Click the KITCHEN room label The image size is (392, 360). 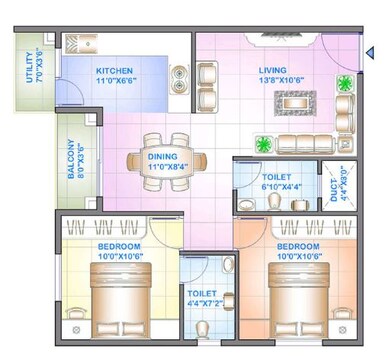coord(114,71)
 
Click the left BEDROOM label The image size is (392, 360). coord(118,246)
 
